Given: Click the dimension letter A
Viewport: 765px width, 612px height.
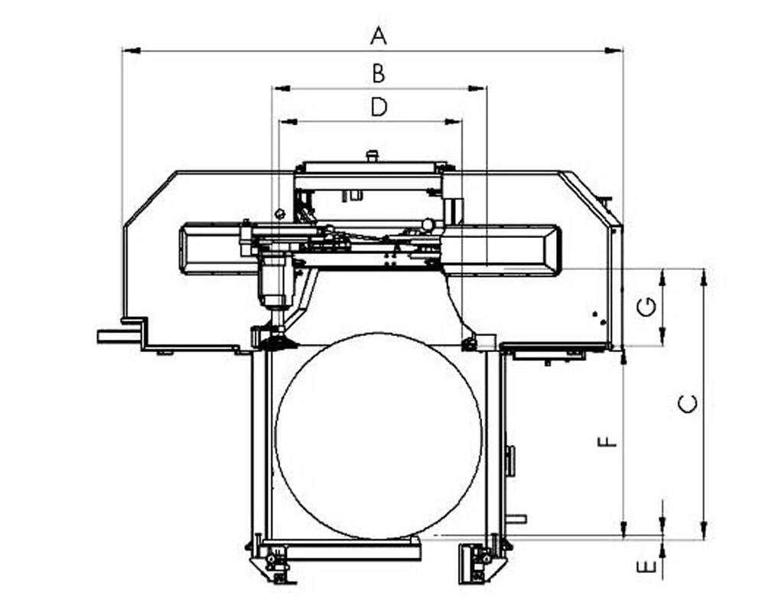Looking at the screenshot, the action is (379, 36).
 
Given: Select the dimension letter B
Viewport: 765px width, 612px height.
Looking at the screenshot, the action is (379, 73).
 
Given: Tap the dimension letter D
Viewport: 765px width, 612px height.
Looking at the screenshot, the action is (379, 107).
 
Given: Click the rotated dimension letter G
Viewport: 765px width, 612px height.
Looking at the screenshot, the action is (647, 308).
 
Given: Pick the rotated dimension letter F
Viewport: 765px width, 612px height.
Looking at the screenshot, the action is (607, 441).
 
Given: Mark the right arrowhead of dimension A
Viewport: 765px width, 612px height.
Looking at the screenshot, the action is (614, 50).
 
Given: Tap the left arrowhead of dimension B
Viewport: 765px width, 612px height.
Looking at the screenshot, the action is (282, 88).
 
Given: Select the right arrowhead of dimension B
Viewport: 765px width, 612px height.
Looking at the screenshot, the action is (476, 88).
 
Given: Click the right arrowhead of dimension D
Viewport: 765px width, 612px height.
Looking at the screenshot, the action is (452, 122).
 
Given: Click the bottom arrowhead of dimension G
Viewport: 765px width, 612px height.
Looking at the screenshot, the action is (662, 337).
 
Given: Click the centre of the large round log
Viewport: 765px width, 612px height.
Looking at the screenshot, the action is (379, 436).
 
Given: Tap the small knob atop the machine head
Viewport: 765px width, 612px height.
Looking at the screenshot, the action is (373, 156).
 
